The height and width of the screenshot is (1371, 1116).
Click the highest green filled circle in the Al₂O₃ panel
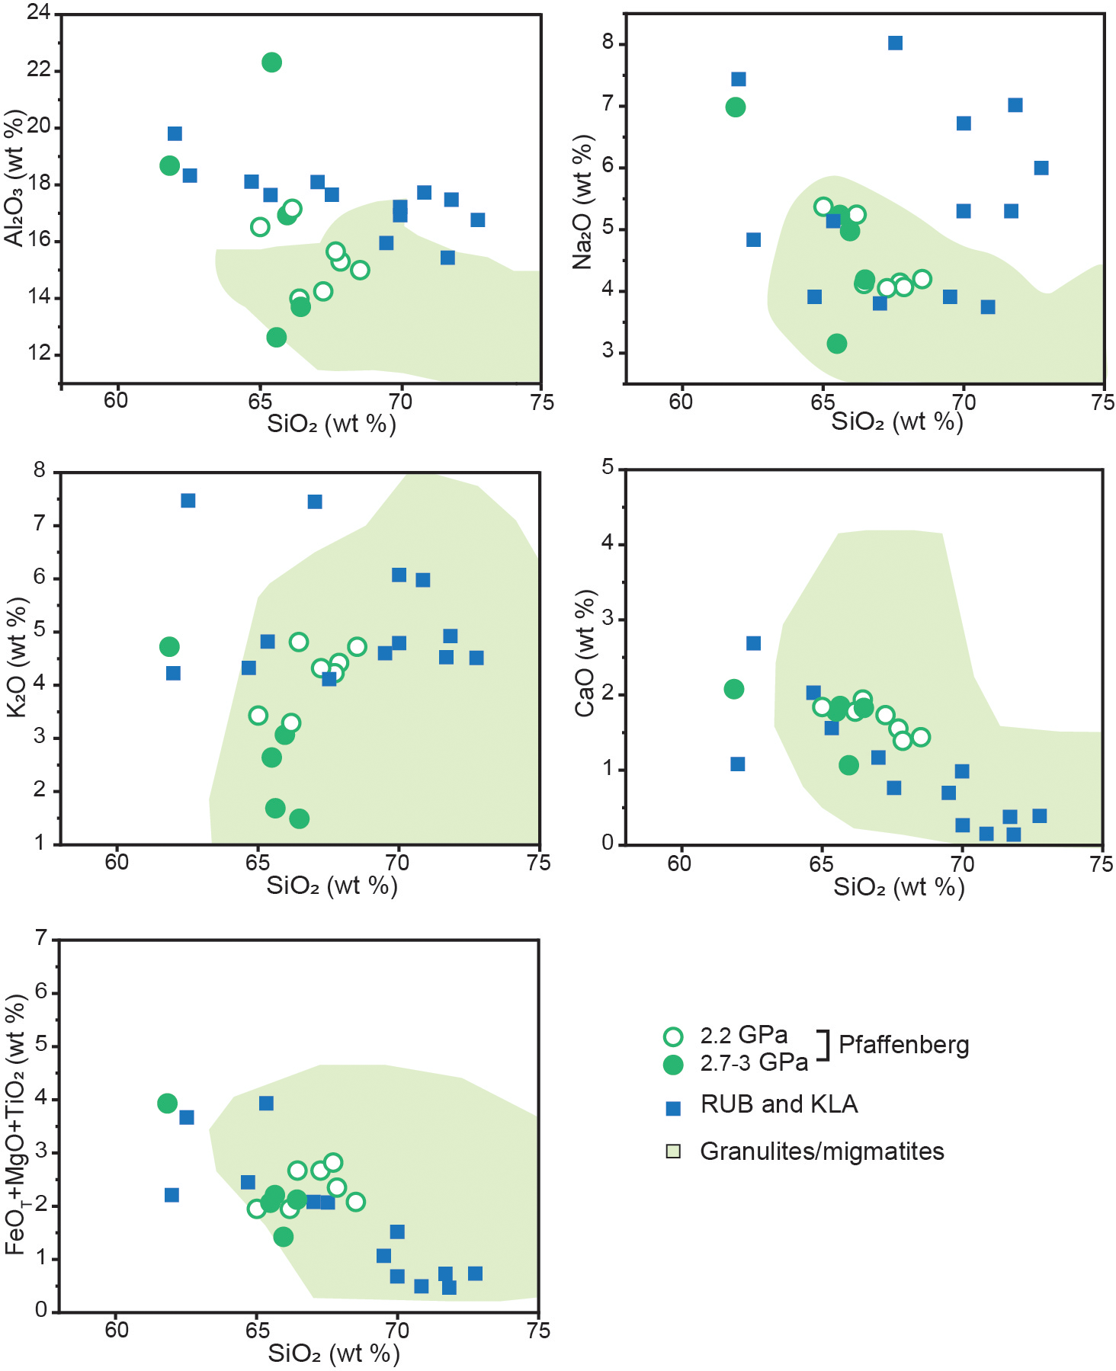[271, 62]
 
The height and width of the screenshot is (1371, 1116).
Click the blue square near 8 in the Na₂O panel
[896, 43]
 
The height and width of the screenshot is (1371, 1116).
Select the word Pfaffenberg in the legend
[904, 1045]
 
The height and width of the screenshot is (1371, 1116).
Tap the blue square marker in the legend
[673, 1109]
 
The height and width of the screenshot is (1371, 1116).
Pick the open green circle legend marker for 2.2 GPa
[673, 1036]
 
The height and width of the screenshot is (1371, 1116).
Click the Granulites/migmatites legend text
[822, 1152]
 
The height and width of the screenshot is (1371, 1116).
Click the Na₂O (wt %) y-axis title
[583, 202]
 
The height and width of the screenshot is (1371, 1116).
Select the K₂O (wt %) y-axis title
[17, 657]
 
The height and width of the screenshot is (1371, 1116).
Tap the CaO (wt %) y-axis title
[585, 653]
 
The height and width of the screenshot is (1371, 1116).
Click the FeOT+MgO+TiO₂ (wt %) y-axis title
[17, 1125]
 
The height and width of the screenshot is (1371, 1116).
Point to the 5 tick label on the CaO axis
[608, 467]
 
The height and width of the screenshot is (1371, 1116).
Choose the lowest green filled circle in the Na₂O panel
[837, 344]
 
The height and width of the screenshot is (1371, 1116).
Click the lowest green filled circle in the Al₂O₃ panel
[277, 337]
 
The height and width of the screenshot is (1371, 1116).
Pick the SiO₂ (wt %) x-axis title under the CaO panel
[899, 887]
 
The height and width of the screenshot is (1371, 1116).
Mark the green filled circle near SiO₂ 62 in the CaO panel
[733, 690]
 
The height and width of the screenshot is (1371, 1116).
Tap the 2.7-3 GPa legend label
[754, 1063]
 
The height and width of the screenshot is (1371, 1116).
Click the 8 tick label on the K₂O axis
[40, 470]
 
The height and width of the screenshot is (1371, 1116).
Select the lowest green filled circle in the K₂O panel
[300, 818]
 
